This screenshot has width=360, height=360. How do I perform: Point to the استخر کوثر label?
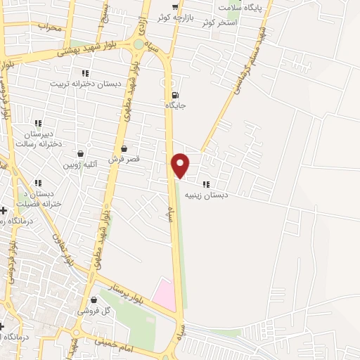(219, 22)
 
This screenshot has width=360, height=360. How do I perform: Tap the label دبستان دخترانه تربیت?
(85, 83)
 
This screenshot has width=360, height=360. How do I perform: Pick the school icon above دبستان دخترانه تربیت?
(85, 73)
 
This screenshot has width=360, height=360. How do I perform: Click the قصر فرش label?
(124, 160)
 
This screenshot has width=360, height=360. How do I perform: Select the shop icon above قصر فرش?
(124, 149)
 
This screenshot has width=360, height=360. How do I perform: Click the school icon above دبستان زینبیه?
(205, 184)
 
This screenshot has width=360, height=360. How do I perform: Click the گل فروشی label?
(94, 310)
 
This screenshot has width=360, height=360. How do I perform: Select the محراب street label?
(50, 27)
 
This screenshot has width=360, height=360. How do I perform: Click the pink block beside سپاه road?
(164, 295)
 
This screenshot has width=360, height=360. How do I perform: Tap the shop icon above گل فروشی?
(94, 300)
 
